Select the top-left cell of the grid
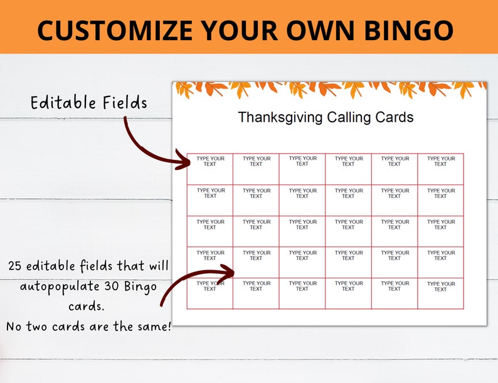pyautogui.click(x=210, y=169)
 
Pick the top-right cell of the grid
pyautogui.click(x=441, y=169)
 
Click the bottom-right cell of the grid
pyautogui.click(x=441, y=293)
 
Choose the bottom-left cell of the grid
pyautogui.click(x=210, y=293)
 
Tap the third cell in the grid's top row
pyautogui.click(x=302, y=169)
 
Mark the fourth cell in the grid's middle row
pyautogui.click(x=348, y=231)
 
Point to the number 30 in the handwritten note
pyautogui.click(x=108, y=286)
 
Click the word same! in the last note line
pyautogui.click(x=153, y=327)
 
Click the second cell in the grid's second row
pyautogui.click(x=256, y=200)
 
